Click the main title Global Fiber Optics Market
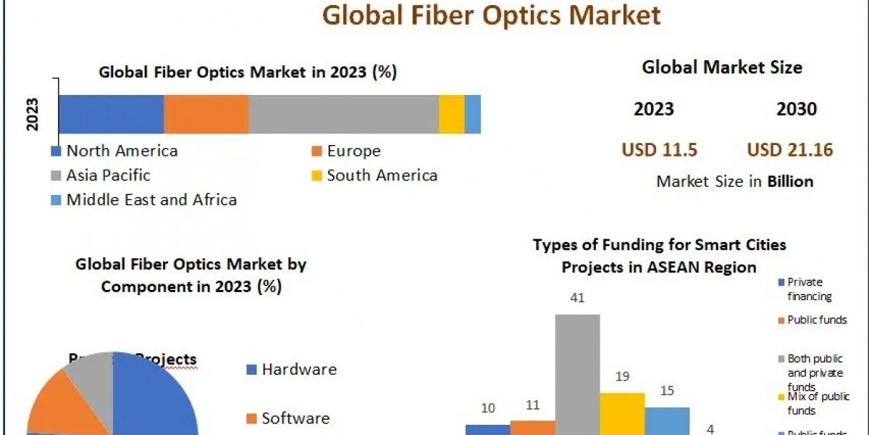pos(491,14)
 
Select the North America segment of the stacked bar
pos(111,114)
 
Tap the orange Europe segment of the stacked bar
pos(206,114)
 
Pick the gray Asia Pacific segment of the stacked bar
pos(343,114)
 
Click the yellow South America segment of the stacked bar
pos(451,114)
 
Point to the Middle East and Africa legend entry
pos(151,199)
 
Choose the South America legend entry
pos(381,175)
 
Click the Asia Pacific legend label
pos(108,175)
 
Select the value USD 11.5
pos(659,150)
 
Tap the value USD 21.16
pos(790,150)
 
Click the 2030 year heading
pos(797,109)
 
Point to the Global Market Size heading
pos(722,67)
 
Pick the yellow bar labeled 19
pos(622,413)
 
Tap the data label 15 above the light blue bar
pos(667,391)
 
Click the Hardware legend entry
pos(298,369)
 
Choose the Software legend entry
pos(295,418)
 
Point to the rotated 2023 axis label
pos(33,114)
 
